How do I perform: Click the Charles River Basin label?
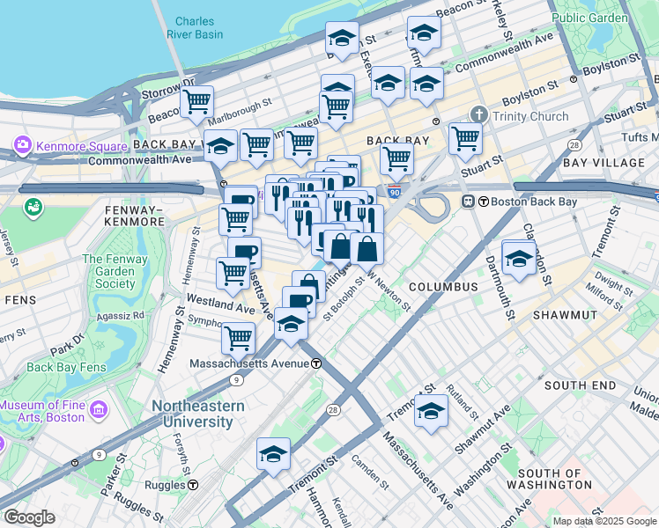199,28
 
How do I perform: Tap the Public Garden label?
589,17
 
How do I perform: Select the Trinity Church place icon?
479,115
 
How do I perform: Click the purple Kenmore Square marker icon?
23,143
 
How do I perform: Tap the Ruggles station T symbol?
192,485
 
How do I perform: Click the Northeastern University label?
193,414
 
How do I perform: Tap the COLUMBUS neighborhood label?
442,287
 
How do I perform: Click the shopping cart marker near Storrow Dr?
196,101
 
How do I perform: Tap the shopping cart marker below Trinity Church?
464,137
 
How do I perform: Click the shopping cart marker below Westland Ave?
237,336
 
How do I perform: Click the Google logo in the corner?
29,517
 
